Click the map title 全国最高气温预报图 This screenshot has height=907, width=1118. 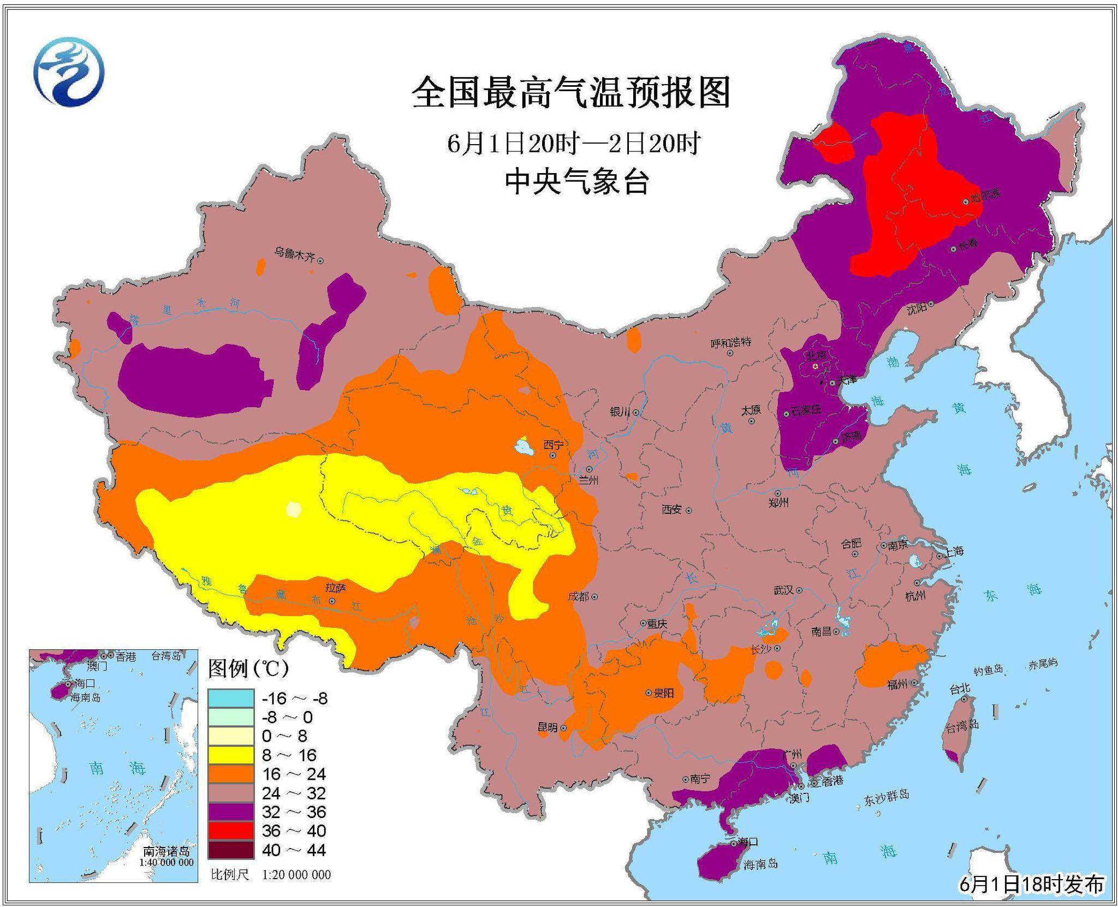pos(571,93)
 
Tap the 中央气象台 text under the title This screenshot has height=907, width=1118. pos(576,182)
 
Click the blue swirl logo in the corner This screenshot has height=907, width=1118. pos(69,72)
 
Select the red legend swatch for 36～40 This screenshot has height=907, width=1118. pos(230,831)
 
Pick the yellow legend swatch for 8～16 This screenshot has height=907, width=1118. pos(230,755)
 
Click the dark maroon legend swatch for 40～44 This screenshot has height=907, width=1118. pos(230,850)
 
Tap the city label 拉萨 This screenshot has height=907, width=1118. pos(335,588)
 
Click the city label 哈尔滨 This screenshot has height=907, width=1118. pos(985,195)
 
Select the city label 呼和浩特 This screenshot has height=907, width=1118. pos(731,342)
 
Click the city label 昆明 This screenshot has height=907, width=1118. pos(548,727)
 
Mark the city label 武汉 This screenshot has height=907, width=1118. pos(783,590)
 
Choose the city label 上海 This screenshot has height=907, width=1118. pos(955,551)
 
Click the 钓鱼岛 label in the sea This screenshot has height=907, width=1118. pos(989,669)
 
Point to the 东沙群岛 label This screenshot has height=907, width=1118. pos(886,797)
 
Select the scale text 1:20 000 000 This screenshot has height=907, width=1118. pos(296,875)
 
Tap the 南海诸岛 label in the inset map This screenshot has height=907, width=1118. pos(166,851)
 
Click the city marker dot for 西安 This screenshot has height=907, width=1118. pos(689,511)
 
